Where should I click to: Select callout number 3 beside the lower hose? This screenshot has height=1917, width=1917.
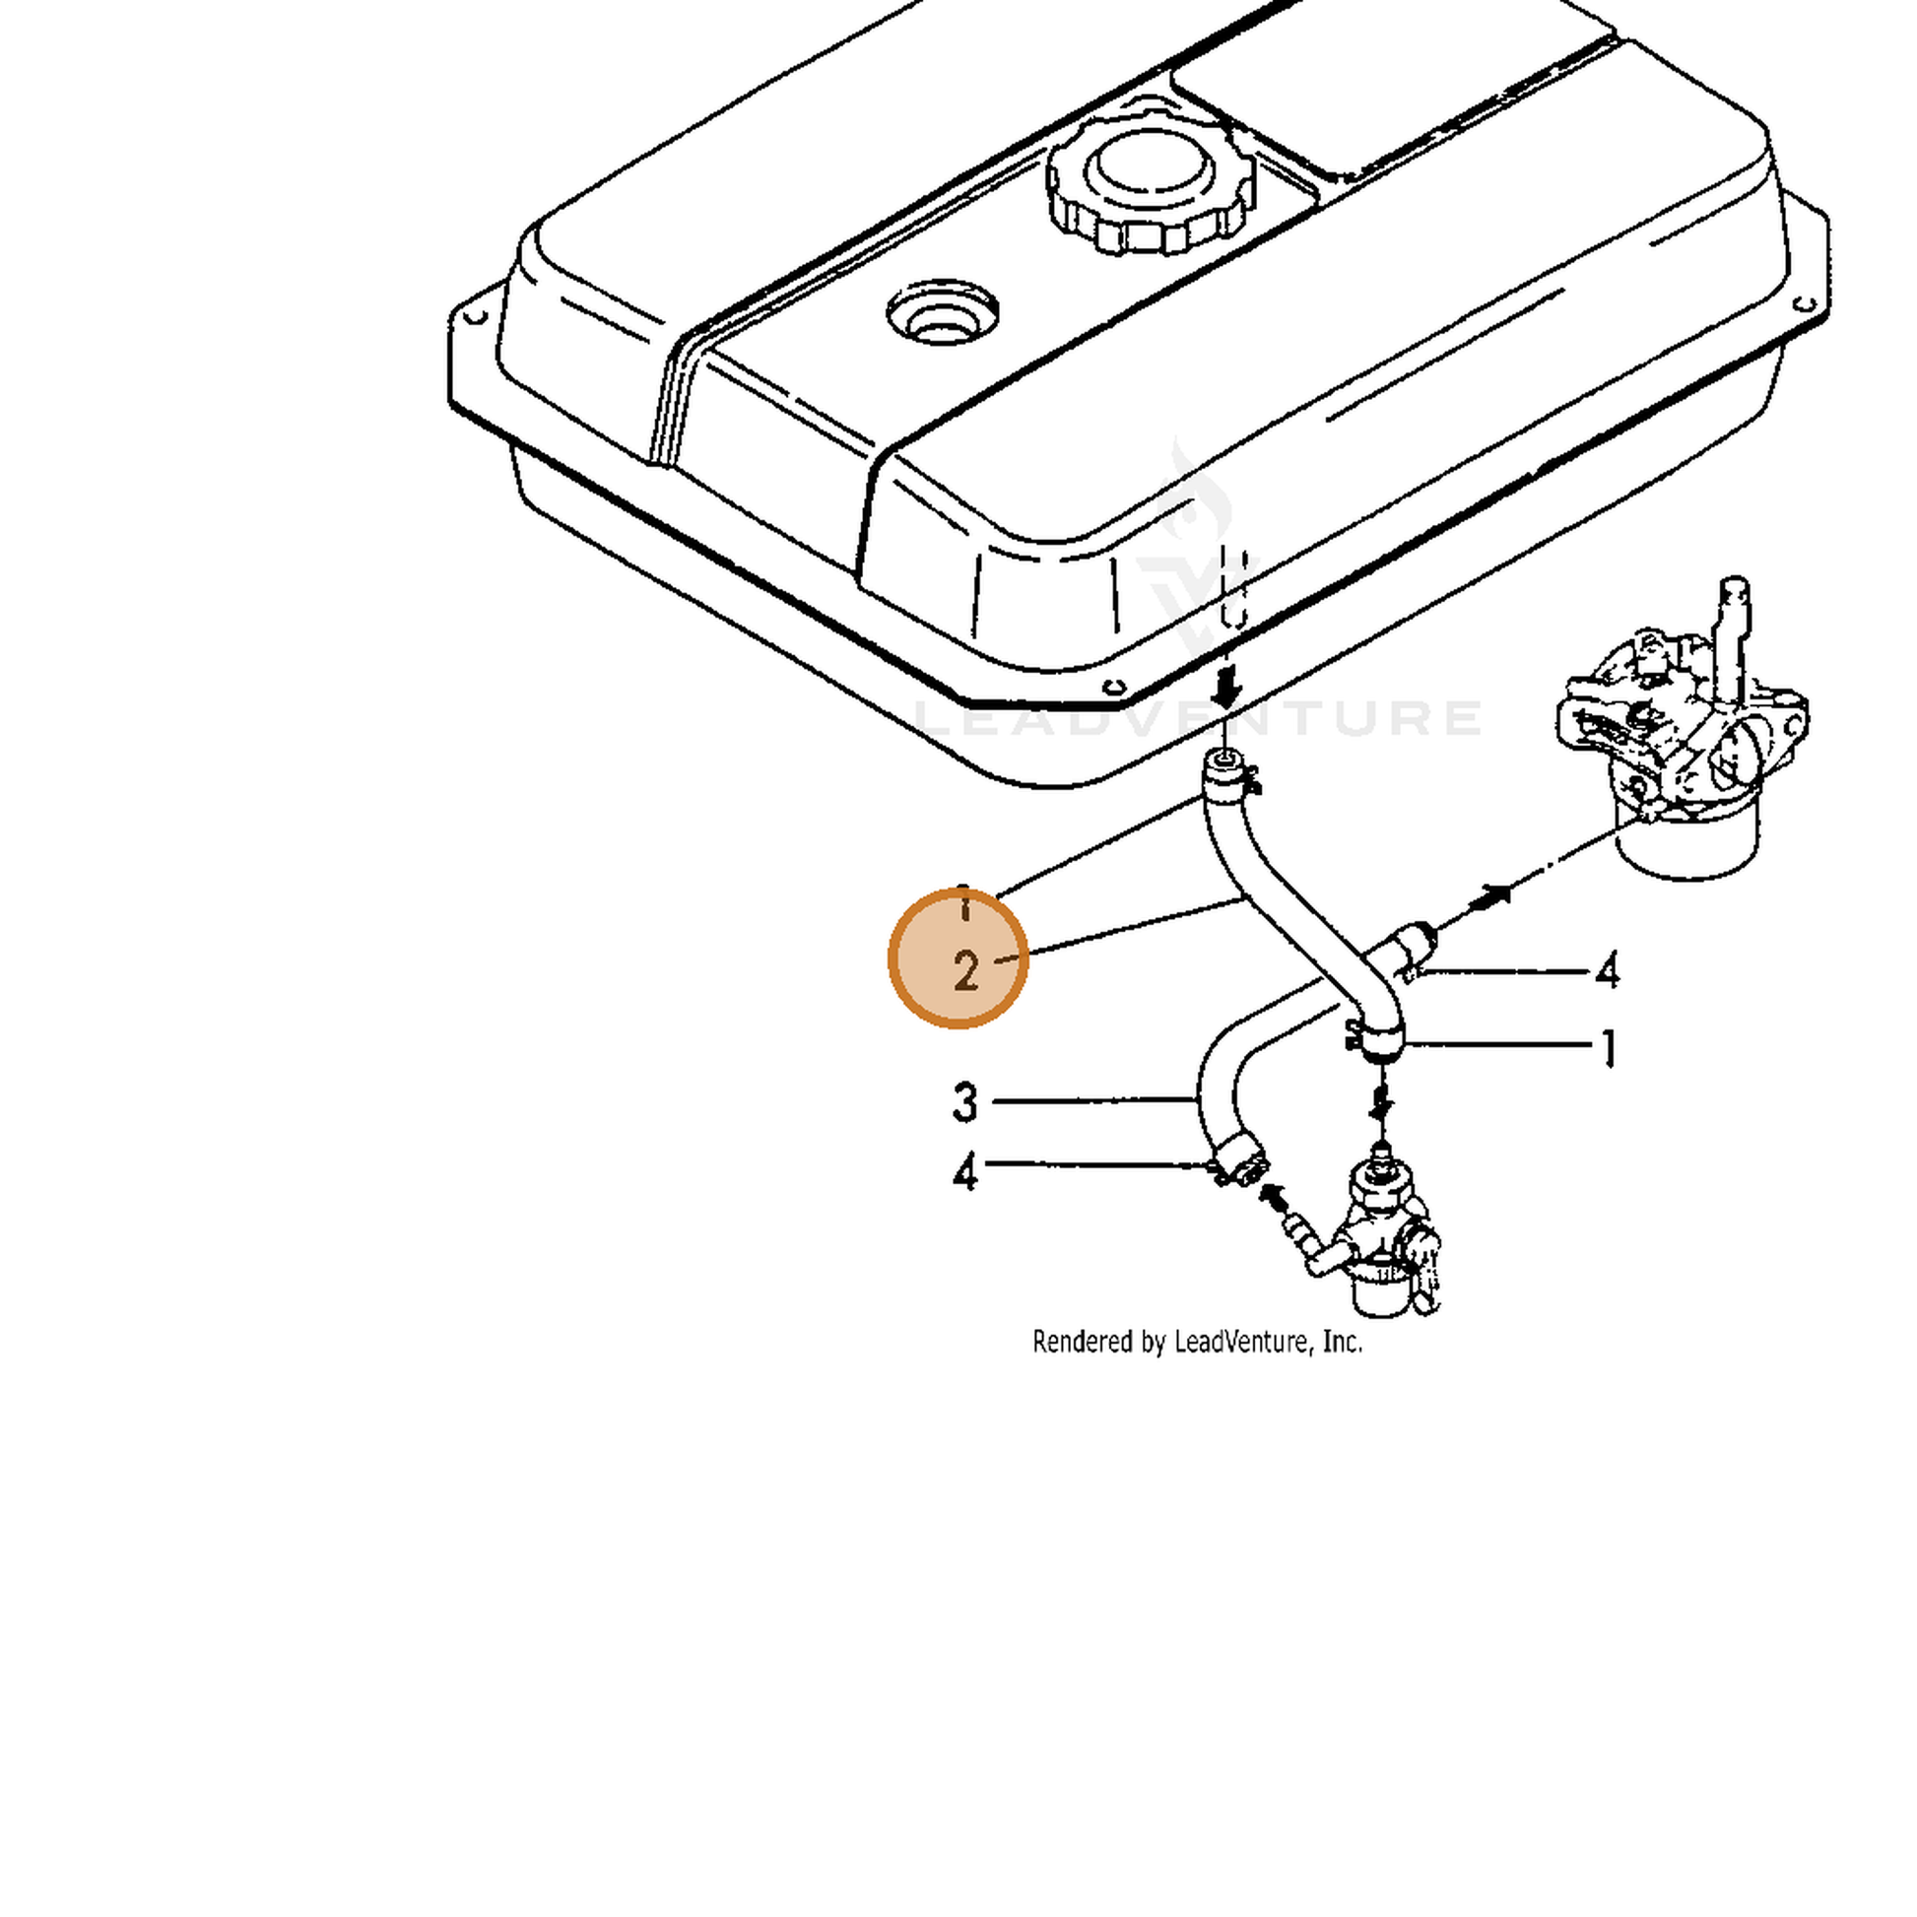point(964,1102)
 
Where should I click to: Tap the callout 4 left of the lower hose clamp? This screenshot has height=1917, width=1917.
point(964,1172)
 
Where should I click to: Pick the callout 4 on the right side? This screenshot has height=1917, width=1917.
point(1607,969)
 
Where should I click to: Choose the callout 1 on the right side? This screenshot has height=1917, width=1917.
point(1609,1049)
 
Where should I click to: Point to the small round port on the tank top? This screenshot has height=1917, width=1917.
point(943,314)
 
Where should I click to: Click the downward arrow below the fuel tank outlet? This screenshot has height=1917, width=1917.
point(1227,688)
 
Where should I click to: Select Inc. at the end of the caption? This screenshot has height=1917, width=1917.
point(1343,1343)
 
